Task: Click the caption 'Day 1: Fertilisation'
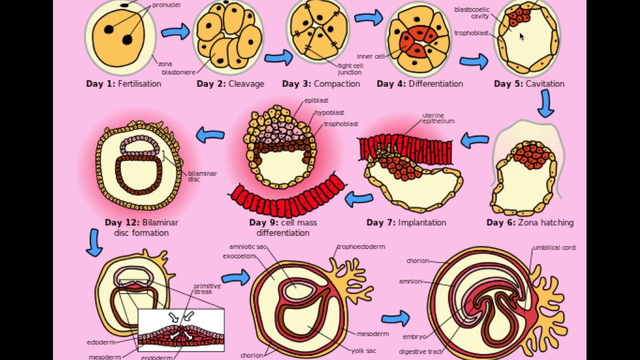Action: point(123,84)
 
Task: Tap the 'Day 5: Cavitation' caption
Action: point(529,84)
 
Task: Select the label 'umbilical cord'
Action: point(553,247)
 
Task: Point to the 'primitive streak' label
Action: point(207,288)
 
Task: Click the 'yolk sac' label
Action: point(363,350)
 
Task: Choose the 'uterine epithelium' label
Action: point(438,118)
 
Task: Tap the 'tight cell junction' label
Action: point(350,68)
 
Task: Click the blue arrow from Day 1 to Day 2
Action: point(175,32)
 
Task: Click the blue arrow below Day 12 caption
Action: point(94,242)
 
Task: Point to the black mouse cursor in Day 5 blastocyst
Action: point(522,36)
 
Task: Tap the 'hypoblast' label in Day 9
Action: point(329,113)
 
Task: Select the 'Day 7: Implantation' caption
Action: point(406,222)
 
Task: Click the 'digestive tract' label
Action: point(420,351)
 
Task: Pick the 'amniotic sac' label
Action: point(248,247)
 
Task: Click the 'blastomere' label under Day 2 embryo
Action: point(178,72)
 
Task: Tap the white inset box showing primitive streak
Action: point(181,330)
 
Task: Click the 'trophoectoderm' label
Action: point(361,247)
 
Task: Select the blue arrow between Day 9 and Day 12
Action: point(210,134)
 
